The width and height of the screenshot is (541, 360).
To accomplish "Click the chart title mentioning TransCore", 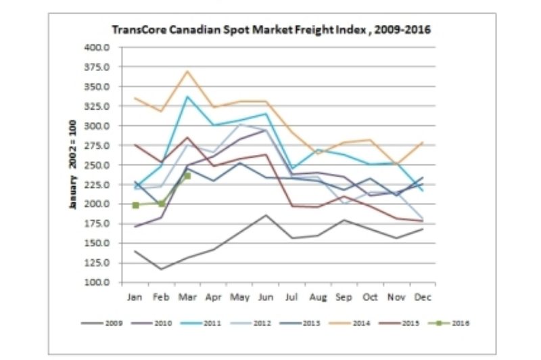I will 270,30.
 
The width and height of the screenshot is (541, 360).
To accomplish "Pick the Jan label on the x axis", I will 135,296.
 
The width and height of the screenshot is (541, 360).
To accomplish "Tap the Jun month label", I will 266,296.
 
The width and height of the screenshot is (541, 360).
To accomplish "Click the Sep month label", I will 344,296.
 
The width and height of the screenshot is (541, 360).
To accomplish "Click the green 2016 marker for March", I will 187,176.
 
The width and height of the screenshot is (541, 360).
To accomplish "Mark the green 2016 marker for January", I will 135,205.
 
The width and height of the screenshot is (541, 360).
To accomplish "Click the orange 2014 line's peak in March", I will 187,71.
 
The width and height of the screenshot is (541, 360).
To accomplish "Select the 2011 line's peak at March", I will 187,97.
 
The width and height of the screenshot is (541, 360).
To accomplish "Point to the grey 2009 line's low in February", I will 161,269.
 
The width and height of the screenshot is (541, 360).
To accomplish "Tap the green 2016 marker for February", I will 161,203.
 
